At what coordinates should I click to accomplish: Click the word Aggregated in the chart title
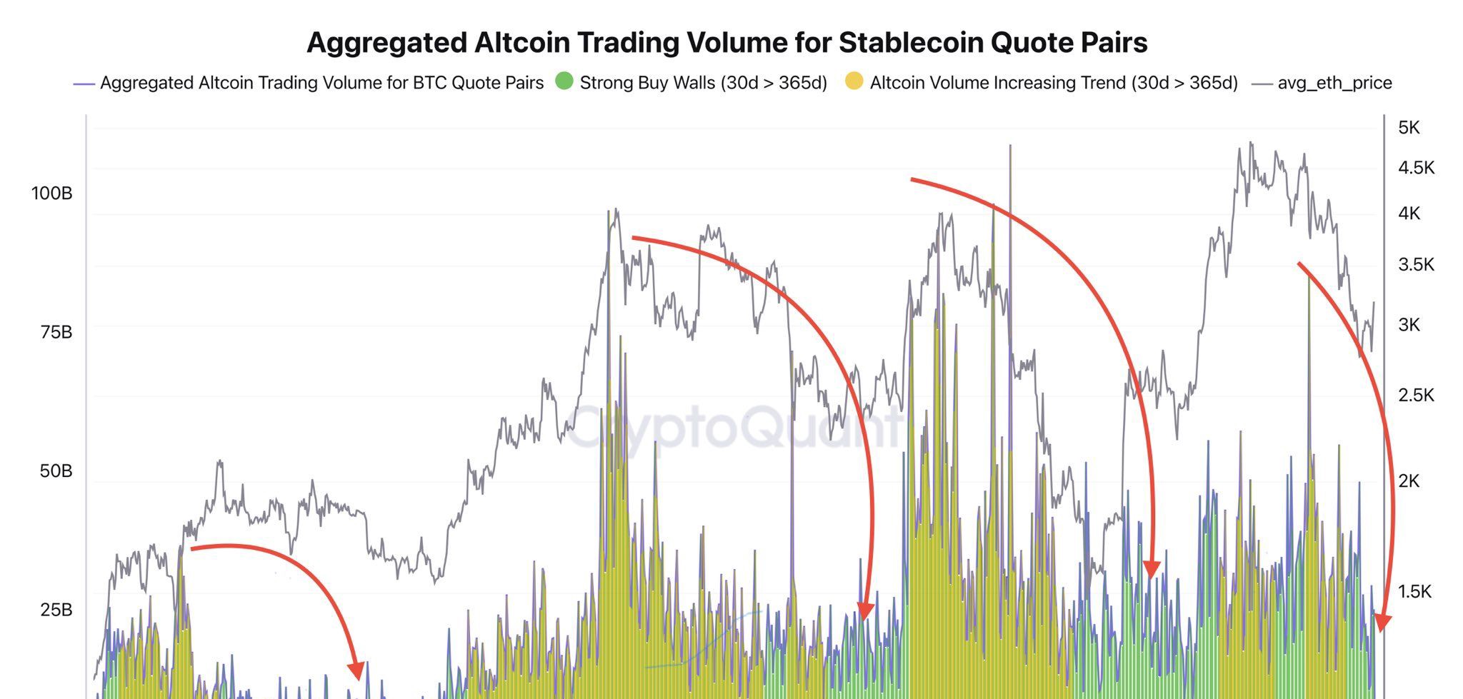386,43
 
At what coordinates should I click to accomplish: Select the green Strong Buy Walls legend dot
564,81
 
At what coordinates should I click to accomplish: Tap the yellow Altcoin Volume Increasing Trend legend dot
854,81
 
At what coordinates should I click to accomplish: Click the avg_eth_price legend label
1334,83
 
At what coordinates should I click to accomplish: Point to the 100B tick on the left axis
51,193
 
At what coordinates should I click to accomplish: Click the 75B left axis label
55,332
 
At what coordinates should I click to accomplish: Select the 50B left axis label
55,471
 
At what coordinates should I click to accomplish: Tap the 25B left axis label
55,610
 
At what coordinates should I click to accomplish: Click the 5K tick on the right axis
1409,128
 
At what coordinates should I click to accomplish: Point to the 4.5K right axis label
1416,168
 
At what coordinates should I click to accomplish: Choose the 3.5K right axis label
1416,265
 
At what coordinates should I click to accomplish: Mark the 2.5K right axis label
1416,396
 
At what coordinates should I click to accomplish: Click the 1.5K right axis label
1414,591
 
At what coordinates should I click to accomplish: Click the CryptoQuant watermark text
736,427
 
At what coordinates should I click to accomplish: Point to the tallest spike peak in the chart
1010,146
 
